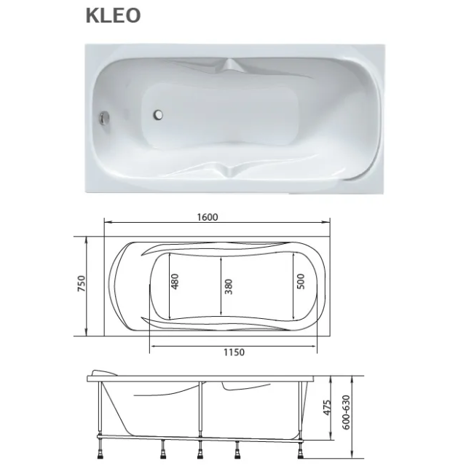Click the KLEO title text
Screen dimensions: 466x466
[113, 15]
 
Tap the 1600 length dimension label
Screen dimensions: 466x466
[208, 217]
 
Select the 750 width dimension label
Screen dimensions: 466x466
[82, 283]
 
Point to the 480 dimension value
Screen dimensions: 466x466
[175, 282]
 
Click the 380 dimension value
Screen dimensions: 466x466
[228, 286]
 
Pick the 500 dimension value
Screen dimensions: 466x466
[301, 282]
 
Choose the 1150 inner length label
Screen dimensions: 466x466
[234, 352]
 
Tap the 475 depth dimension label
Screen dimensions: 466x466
[327, 408]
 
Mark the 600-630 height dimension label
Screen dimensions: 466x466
[347, 412]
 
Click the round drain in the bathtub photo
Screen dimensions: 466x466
[158, 114]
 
